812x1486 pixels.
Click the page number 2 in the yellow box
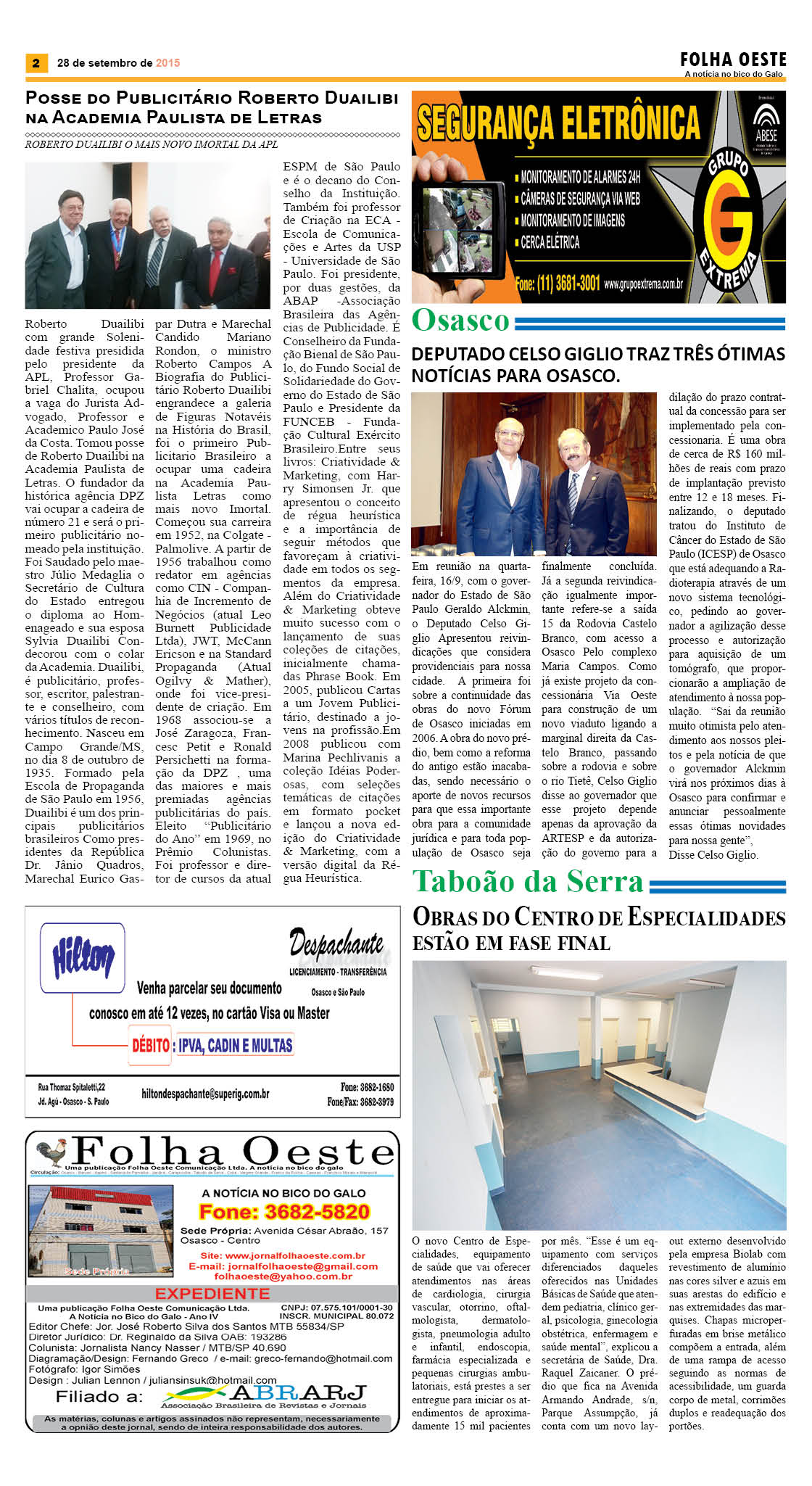click(36, 63)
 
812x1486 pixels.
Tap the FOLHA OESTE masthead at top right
click(733, 59)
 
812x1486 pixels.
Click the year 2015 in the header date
click(167, 63)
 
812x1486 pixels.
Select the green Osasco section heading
click(461, 320)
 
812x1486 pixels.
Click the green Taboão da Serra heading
click(528, 881)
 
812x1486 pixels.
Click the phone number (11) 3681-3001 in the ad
click(558, 284)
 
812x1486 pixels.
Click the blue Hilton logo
click(83, 958)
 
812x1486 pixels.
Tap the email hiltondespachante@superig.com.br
click(205, 1093)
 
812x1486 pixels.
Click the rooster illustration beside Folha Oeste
click(51, 1152)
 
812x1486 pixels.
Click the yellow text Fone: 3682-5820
click(284, 1212)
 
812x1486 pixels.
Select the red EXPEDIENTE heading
click(212, 1294)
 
